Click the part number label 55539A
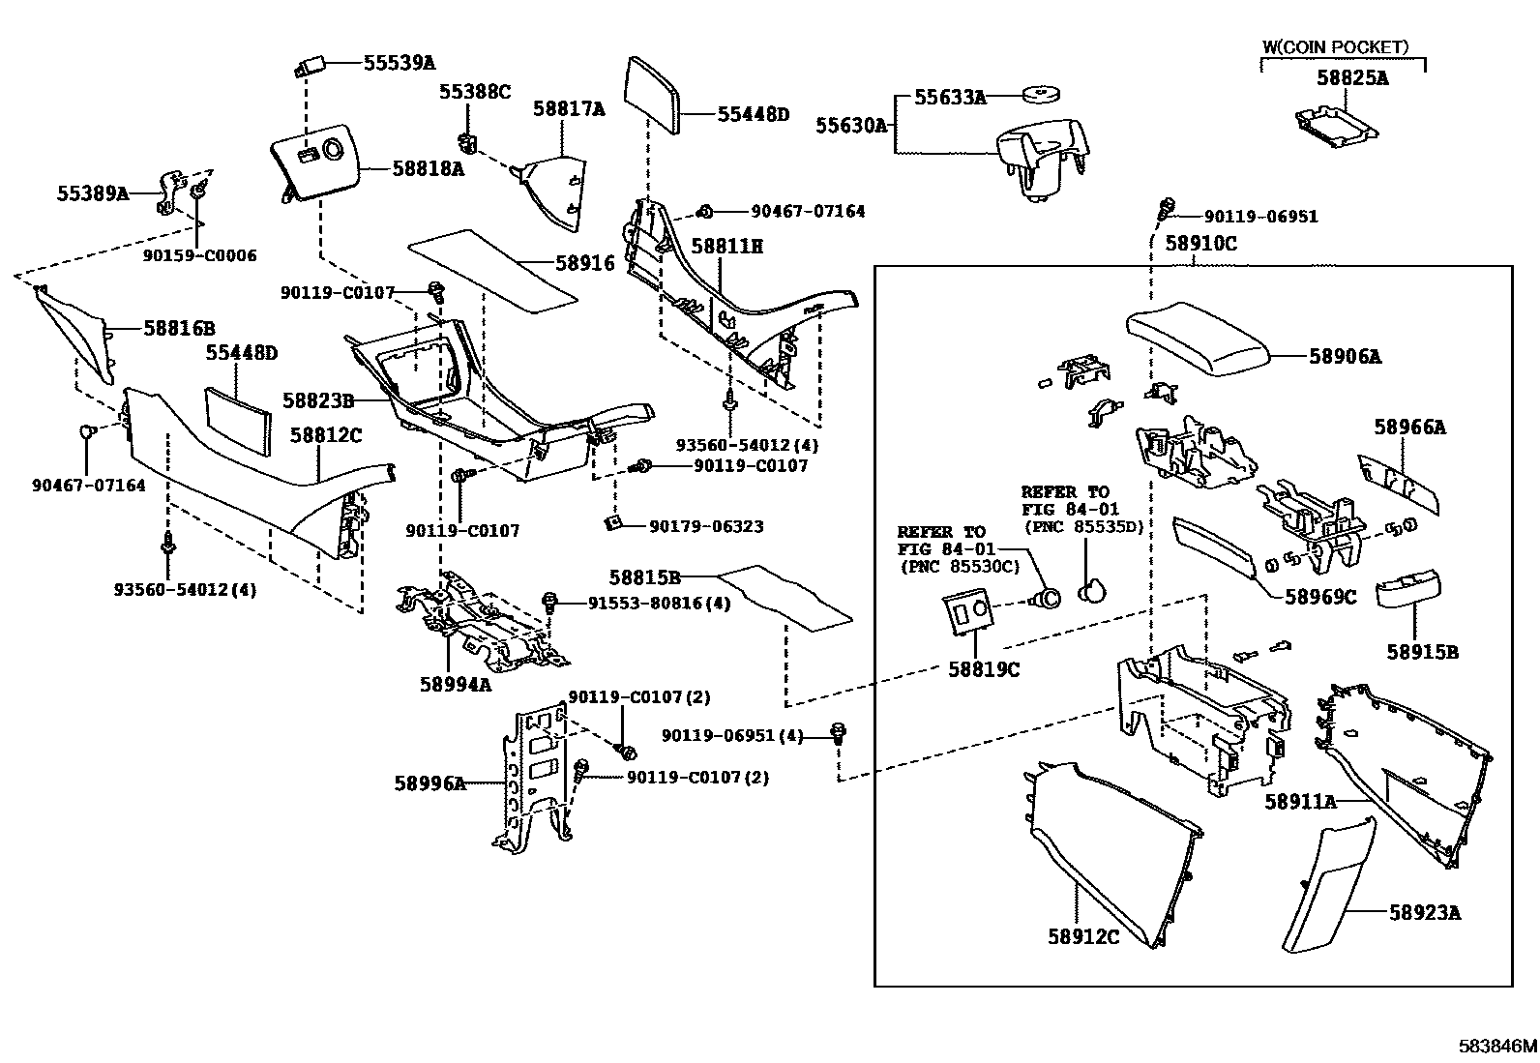point(399,64)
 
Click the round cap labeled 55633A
point(1039,95)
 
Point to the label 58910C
point(1200,244)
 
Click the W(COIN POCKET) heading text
point(1336,46)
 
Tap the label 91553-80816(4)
point(659,604)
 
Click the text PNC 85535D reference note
point(1083,527)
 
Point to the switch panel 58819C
point(968,614)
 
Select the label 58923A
point(1425,912)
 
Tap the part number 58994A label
point(455,684)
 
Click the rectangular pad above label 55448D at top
point(655,98)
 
